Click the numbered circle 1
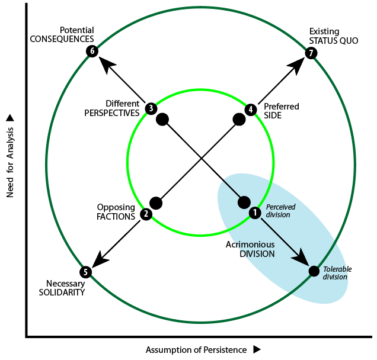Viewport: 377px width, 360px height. point(255,212)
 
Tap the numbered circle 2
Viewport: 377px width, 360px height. point(146,215)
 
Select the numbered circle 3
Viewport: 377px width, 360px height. point(151,108)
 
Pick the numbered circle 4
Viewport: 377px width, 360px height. point(251,110)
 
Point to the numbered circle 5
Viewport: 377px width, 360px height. point(86,272)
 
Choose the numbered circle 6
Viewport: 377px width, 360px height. point(91,51)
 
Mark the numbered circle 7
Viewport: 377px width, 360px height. point(311,53)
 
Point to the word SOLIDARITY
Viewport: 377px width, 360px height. point(62,292)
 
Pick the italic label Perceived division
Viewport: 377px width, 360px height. point(278,211)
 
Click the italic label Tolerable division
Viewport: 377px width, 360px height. point(337,273)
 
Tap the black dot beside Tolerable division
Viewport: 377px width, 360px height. point(314,271)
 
